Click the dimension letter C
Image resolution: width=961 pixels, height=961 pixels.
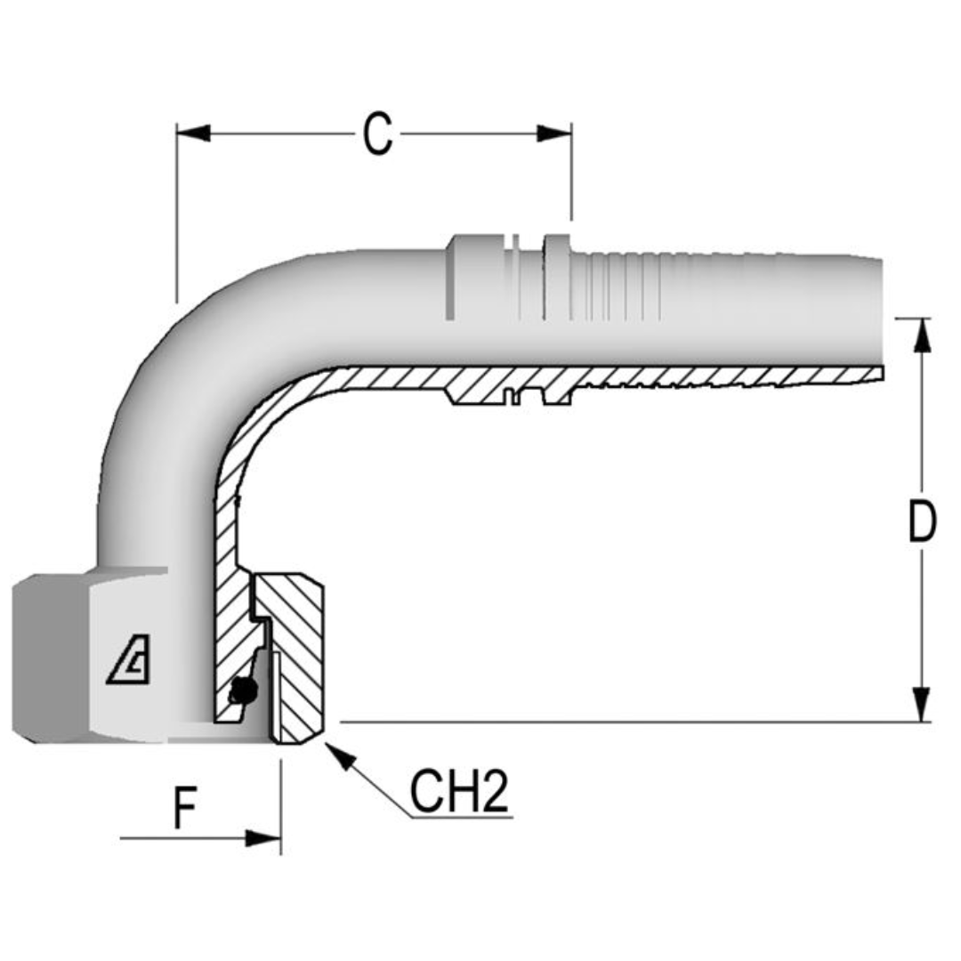(x=377, y=134)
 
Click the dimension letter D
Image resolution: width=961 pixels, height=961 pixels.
(x=922, y=522)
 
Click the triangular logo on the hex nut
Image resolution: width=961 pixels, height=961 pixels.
(x=130, y=664)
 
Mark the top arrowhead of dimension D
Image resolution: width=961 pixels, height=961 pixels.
(x=922, y=335)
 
